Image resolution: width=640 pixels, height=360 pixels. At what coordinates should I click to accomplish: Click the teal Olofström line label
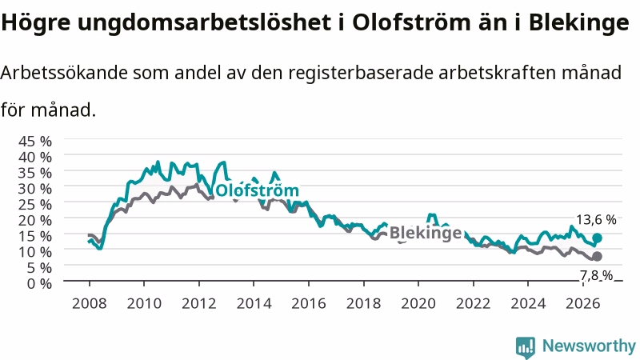coord(257,190)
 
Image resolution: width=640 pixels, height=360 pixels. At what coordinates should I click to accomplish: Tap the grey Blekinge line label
coord(426,233)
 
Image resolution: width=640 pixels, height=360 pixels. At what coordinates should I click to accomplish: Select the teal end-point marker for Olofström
coord(597,238)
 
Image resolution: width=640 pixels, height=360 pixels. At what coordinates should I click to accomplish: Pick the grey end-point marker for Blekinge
coord(597,256)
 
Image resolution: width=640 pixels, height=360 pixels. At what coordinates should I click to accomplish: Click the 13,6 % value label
coord(596,220)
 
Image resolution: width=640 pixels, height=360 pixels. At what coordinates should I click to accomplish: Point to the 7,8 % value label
coord(596,276)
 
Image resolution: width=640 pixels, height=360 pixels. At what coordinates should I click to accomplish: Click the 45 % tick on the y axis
coord(35,142)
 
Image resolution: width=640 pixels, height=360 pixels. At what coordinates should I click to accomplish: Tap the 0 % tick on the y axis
coord(39,283)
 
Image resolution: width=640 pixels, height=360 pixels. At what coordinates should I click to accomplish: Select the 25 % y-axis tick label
coord(35,204)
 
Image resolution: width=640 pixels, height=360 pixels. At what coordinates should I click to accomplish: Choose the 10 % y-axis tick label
coord(35,252)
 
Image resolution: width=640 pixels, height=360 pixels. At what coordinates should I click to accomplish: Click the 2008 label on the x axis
coord(90,304)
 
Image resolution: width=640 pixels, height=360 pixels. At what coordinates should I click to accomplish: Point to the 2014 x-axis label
coord(254,304)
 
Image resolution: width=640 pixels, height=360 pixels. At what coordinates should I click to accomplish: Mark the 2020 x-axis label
coord(418,304)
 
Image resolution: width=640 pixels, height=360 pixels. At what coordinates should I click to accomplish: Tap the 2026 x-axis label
coord(583,304)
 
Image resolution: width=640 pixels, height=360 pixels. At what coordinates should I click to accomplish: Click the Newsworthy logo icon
coord(526,347)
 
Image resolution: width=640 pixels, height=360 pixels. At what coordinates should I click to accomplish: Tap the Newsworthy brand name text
coord(589,346)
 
